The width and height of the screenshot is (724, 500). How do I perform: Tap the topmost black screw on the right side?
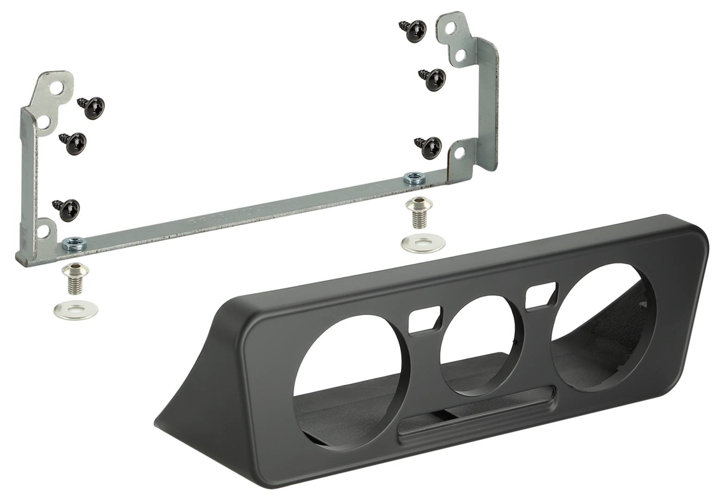pyautogui.click(x=412, y=31)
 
